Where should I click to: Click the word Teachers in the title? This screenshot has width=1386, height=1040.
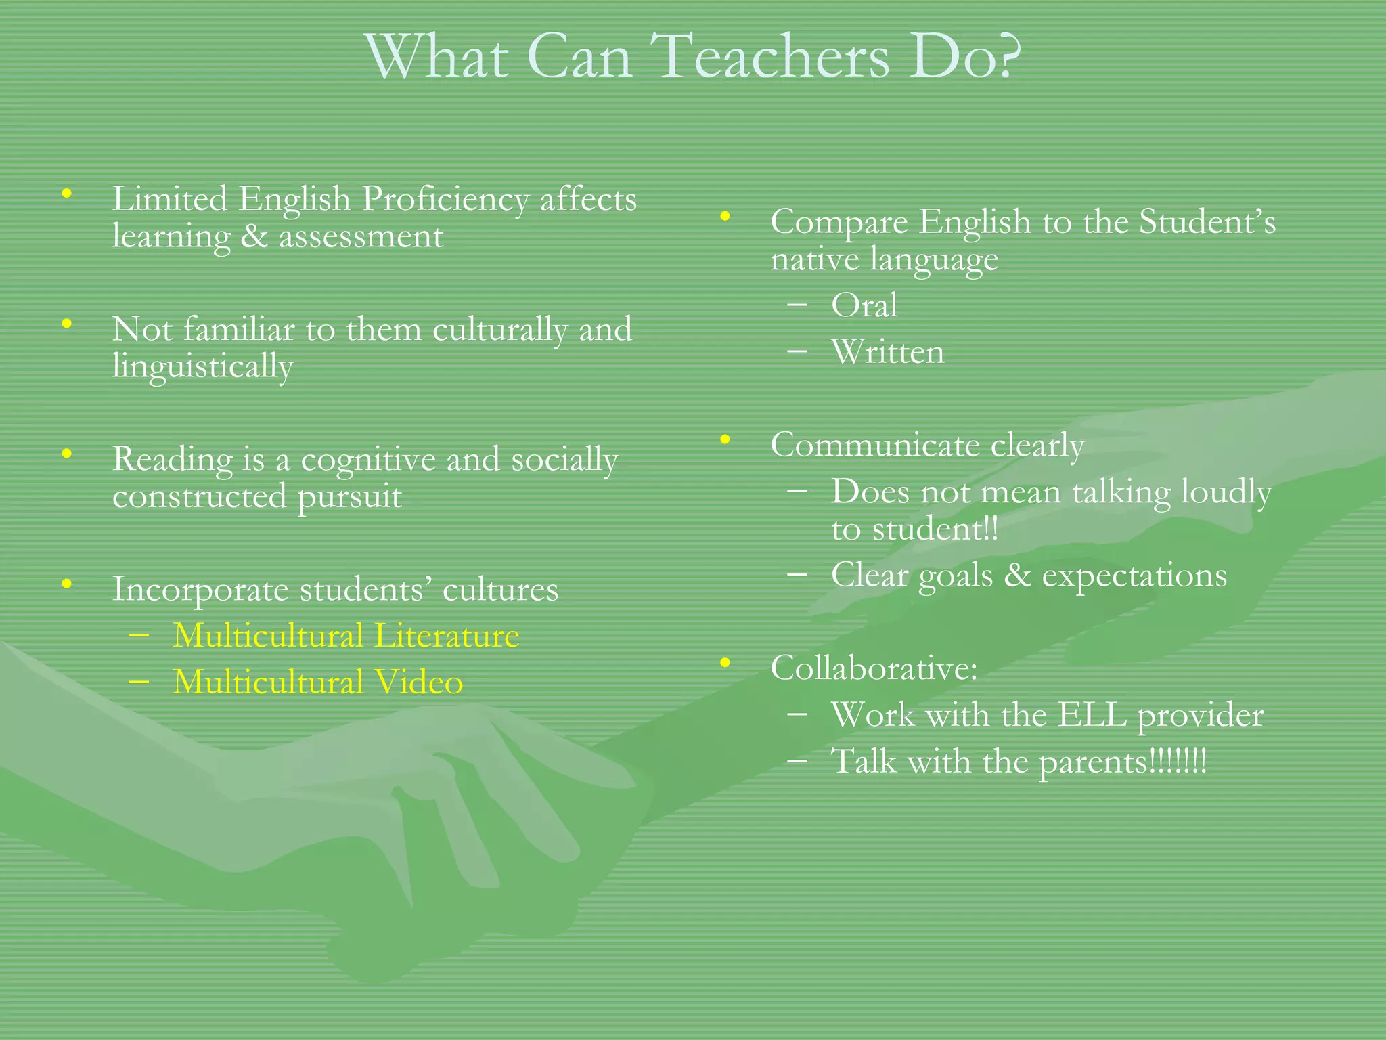click(772, 57)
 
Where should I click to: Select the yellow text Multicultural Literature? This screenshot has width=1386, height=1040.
click(346, 636)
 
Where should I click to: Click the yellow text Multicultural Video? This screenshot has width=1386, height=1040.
click(317, 682)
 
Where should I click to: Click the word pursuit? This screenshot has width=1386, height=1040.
click(349, 498)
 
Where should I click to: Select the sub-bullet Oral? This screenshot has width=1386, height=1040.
click(864, 305)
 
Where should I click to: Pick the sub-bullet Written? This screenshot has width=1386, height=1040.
click(887, 352)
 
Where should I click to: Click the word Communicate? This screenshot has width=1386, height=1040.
click(875, 446)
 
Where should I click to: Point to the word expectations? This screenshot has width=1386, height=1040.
click(1134, 576)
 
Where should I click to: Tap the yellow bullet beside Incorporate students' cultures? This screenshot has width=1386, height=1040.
click(66, 583)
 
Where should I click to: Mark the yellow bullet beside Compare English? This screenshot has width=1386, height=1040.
click(725, 217)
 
